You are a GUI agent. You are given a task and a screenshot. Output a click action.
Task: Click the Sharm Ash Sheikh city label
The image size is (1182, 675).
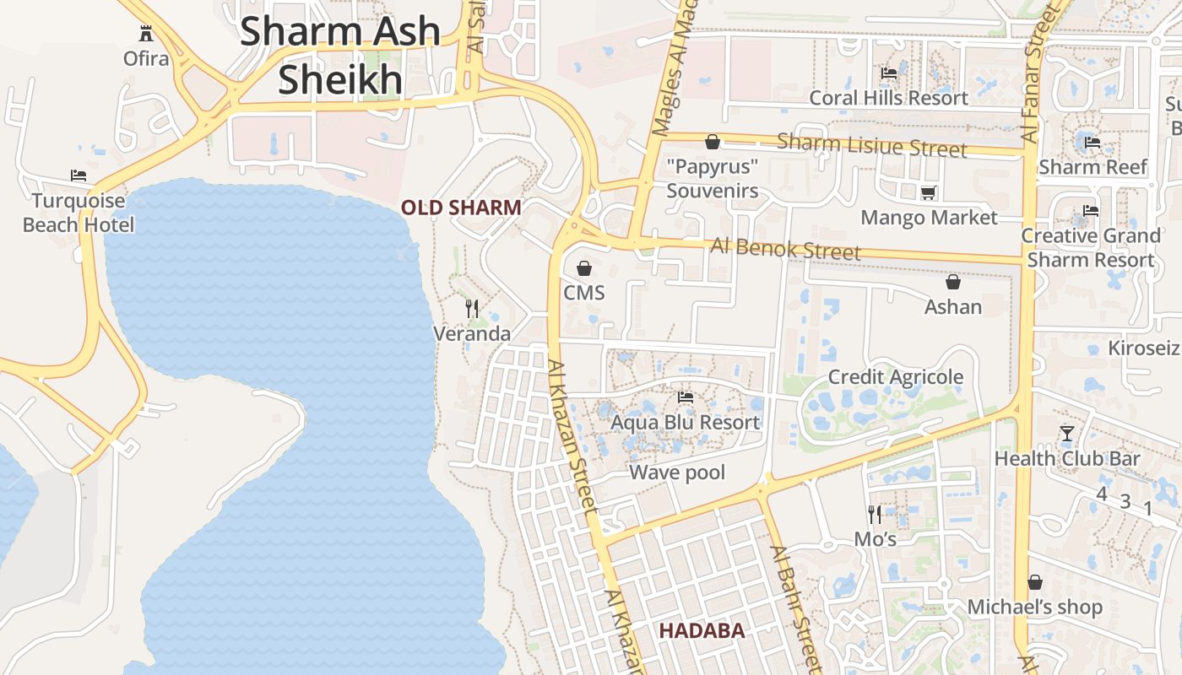click(340, 56)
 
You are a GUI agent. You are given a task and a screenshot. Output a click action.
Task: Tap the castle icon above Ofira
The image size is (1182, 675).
click(146, 34)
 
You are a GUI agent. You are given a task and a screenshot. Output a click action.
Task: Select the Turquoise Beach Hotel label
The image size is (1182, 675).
click(79, 213)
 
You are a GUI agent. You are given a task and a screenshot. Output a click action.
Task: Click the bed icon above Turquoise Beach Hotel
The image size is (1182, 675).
click(79, 175)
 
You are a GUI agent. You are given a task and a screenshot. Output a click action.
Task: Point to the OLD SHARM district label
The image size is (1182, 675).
click(461, 208)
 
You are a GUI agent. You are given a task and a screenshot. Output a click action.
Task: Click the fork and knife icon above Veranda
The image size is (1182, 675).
click(472, 309)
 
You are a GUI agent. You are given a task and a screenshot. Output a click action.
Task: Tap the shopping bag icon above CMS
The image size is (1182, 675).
click(583, 268)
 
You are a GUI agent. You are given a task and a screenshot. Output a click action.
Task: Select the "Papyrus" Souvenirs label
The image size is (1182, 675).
click(713, 179)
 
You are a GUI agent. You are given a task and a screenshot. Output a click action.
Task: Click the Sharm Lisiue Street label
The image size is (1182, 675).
click(871, 144)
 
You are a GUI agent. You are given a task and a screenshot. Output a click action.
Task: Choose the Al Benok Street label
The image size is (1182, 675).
click(785, 249)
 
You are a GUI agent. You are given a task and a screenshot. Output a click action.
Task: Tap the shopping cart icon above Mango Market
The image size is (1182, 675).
click(928, 193)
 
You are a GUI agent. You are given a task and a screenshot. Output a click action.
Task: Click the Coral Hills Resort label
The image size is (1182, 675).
click(888, 98)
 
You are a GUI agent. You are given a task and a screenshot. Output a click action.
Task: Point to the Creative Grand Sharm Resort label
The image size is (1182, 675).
click(1091, 247)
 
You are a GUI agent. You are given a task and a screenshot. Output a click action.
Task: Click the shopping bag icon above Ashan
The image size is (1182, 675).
click(953, 282)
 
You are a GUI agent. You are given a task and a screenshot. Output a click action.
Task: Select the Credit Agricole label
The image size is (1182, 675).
click(895, 377)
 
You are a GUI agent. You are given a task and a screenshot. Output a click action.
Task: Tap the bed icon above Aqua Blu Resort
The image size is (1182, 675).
click(686, 397)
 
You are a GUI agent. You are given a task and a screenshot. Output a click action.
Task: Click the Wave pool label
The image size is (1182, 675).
click(677, 472)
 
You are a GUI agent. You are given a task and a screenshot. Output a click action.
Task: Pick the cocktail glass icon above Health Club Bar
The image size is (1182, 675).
click(1067, 434)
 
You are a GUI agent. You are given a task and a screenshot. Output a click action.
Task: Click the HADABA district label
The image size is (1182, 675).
click(702, 630)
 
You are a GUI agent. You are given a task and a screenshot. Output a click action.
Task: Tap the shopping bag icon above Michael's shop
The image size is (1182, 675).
click(1035, 582)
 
